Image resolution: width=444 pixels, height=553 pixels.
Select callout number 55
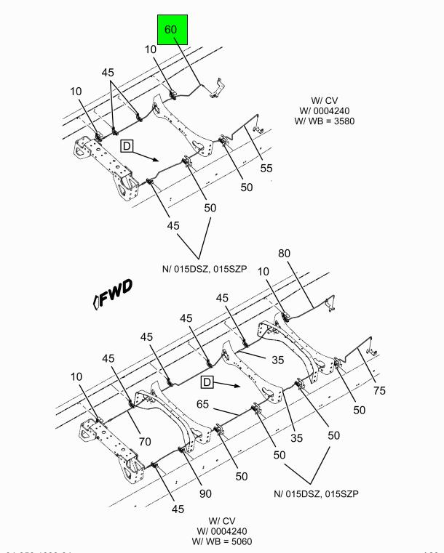pyautogui.click(x=266, y=168)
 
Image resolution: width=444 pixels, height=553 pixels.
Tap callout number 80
pyautogui.click(x=284, y=254)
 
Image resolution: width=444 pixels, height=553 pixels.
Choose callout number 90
pyautogui.click(x=206, y=493)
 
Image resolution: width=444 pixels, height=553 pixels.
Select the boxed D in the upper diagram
pyautogui.click(x=127, y=146)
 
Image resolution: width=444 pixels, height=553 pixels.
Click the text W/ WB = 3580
pyautogui.click(x=325, y=121)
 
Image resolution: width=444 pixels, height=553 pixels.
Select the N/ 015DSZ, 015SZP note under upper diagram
pyautogui.click(x=205, y=268)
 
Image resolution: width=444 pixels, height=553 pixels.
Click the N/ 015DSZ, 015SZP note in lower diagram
pyautogui.click(x=317, y=493)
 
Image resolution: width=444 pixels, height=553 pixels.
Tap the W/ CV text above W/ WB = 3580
pyautogui.click(x=325, y=100)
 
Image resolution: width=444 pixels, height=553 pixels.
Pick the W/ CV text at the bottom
pyautogui.click(x=223, y=520)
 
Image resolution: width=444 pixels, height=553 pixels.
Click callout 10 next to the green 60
pyautogui.click(x=151, y=49)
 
